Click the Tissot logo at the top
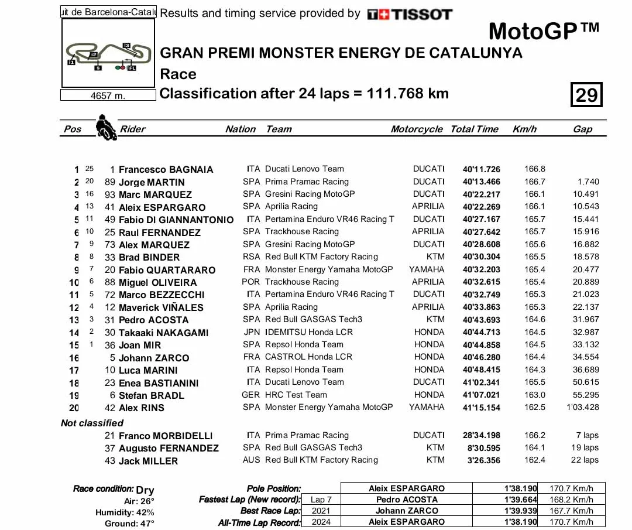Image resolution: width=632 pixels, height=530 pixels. click(x=410, y=14)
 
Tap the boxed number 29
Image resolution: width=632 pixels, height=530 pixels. click(x=586, y=95)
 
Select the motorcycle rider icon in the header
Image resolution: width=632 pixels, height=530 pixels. click(x=104, y=126)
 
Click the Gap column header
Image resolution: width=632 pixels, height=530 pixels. click(x=582, y=129)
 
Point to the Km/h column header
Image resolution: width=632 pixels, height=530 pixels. click(x=524, y=129)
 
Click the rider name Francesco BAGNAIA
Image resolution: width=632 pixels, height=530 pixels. click(x=166, y=169)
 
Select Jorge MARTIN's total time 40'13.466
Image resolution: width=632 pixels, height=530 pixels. click(x=482, y=182)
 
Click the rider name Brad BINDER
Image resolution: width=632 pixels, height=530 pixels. click(x=149, y=257)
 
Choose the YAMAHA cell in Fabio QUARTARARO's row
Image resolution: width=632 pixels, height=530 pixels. click(x=427, y=269)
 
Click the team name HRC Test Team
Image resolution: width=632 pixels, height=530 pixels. click(x=296, y=395)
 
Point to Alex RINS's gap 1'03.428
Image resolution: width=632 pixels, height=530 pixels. click(x=582, y=407)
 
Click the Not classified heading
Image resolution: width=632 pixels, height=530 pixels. click(x=92, y=423)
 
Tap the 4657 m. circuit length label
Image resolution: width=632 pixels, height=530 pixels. click(x=108, y=95)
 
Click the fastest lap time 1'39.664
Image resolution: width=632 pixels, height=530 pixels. click(x=520, y=500)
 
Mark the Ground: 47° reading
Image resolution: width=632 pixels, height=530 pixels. click(x=129, y=523)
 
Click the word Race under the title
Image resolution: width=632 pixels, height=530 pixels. click(x=178, y=74)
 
